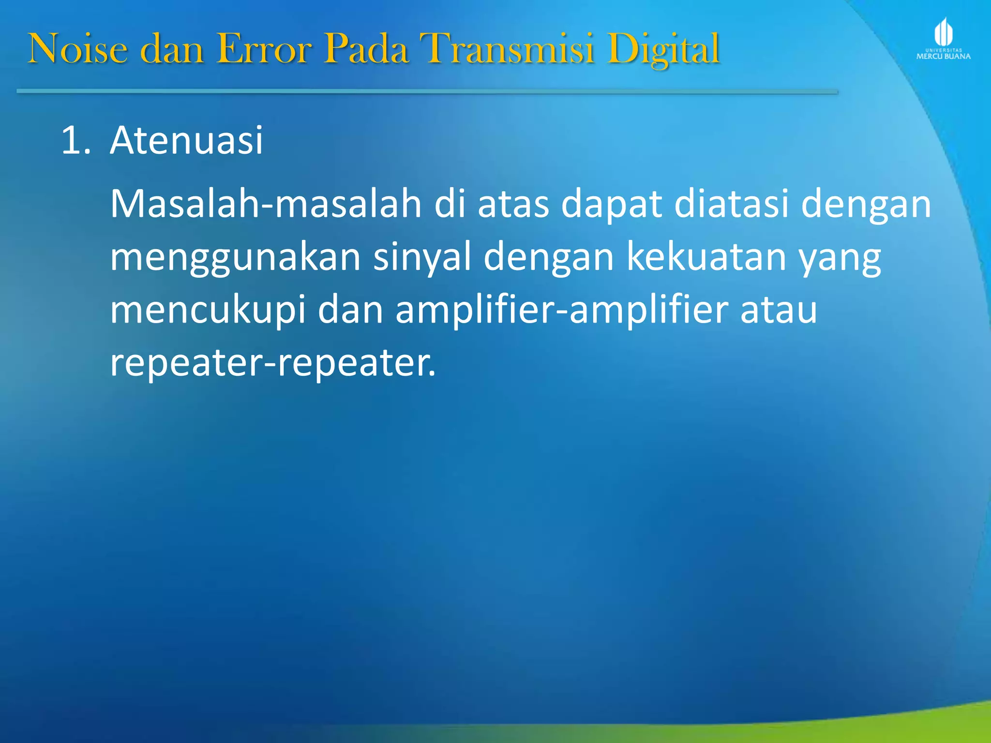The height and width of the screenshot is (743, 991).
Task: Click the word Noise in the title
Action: (78, 48)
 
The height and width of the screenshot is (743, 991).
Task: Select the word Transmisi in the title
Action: (507, 48)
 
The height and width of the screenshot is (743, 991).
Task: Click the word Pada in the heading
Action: (366, 48)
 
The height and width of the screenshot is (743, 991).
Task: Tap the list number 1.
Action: (75, 141)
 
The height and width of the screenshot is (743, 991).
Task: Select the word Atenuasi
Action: (186, 141)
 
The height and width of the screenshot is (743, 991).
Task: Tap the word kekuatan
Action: (706, 257)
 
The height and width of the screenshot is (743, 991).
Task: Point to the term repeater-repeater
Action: (272, 363)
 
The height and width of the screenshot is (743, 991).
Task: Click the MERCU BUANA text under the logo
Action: (943, 56)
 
